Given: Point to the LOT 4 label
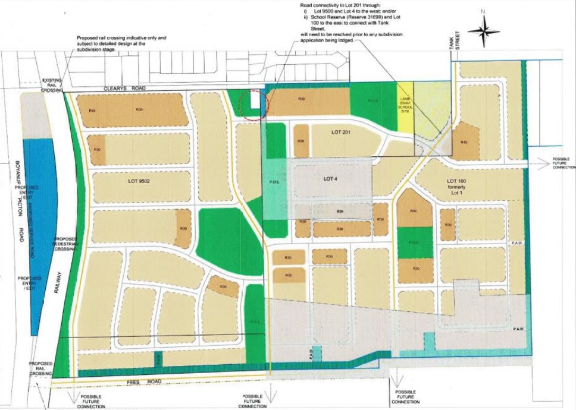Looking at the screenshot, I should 331,178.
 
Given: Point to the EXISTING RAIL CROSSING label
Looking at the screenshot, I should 52,87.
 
